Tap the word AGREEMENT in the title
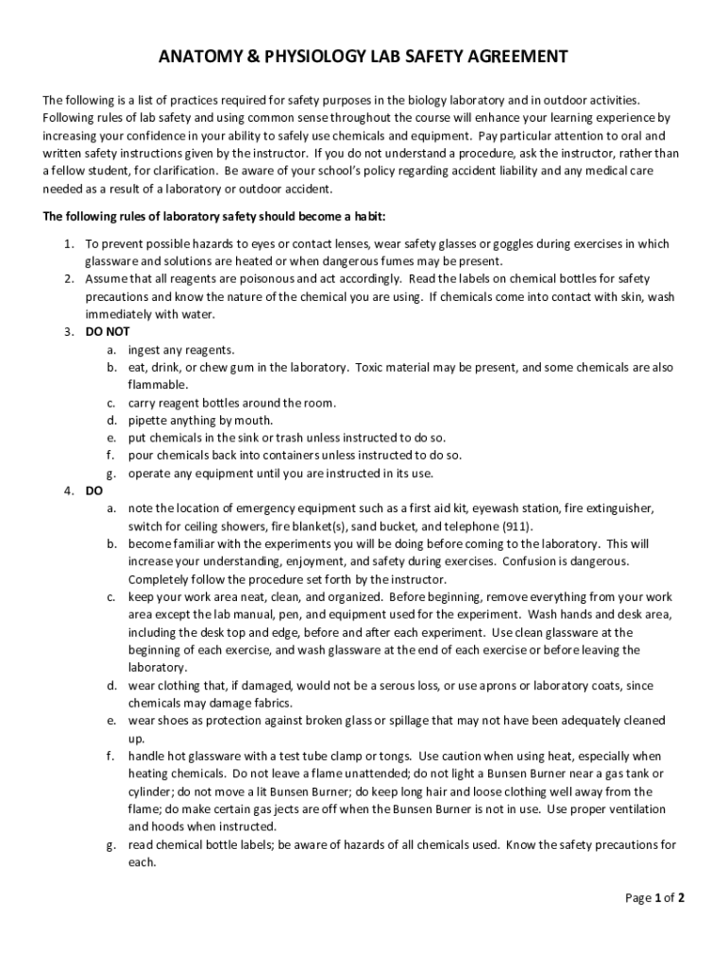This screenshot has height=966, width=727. (x=517, y=58)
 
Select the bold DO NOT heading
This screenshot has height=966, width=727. (x=107, y=332)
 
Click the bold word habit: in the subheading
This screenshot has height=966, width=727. (x=364, y=216)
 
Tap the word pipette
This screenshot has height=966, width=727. (x=150, y=420)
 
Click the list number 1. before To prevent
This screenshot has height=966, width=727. (x=70, y=243)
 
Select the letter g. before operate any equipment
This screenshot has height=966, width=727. (x=110, y=473)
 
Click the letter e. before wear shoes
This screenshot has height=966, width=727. (x=110, y=721)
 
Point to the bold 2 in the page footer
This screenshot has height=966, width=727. (x=680, y=898)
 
